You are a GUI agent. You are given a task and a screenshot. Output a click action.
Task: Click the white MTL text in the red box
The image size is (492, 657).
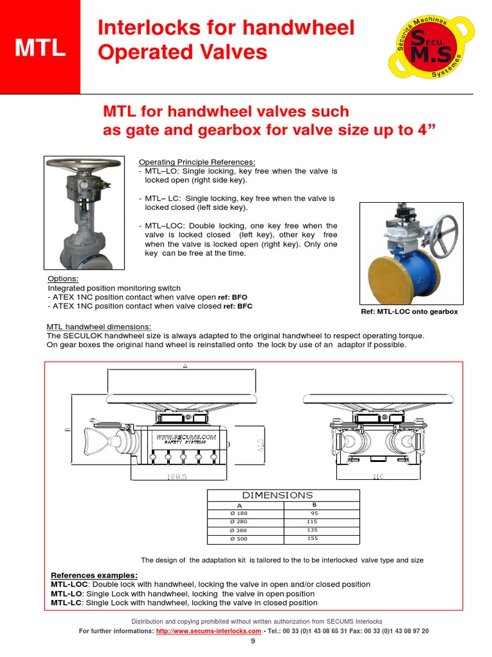[40, 49]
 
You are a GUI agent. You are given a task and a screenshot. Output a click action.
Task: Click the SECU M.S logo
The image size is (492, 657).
[425, 48]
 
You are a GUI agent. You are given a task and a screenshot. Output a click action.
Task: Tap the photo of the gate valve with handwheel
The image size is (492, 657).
[84, 213]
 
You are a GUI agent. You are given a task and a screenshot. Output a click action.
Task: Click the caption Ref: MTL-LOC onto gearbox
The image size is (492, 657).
[410, 312]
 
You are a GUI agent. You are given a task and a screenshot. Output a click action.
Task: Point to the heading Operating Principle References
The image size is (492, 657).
[197, 162]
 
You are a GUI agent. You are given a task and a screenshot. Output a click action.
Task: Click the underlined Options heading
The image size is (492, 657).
[63, 279]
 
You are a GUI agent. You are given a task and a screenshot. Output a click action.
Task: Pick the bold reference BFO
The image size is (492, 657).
[238, 298]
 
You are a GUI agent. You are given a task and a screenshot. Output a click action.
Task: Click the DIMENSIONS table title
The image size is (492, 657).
[277, 495]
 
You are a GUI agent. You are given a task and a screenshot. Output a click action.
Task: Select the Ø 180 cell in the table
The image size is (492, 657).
[238, 514]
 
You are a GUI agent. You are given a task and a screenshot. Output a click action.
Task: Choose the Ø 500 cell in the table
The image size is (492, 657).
[238, 539]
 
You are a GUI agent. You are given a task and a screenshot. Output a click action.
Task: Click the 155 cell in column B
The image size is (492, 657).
[313, 539]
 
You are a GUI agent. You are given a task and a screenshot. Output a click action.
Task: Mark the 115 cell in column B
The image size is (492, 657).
[313, 522]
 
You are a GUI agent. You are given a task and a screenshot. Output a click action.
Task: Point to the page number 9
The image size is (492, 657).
[252, 642]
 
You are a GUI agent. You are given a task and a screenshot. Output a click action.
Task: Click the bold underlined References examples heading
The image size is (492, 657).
[94, 575]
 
